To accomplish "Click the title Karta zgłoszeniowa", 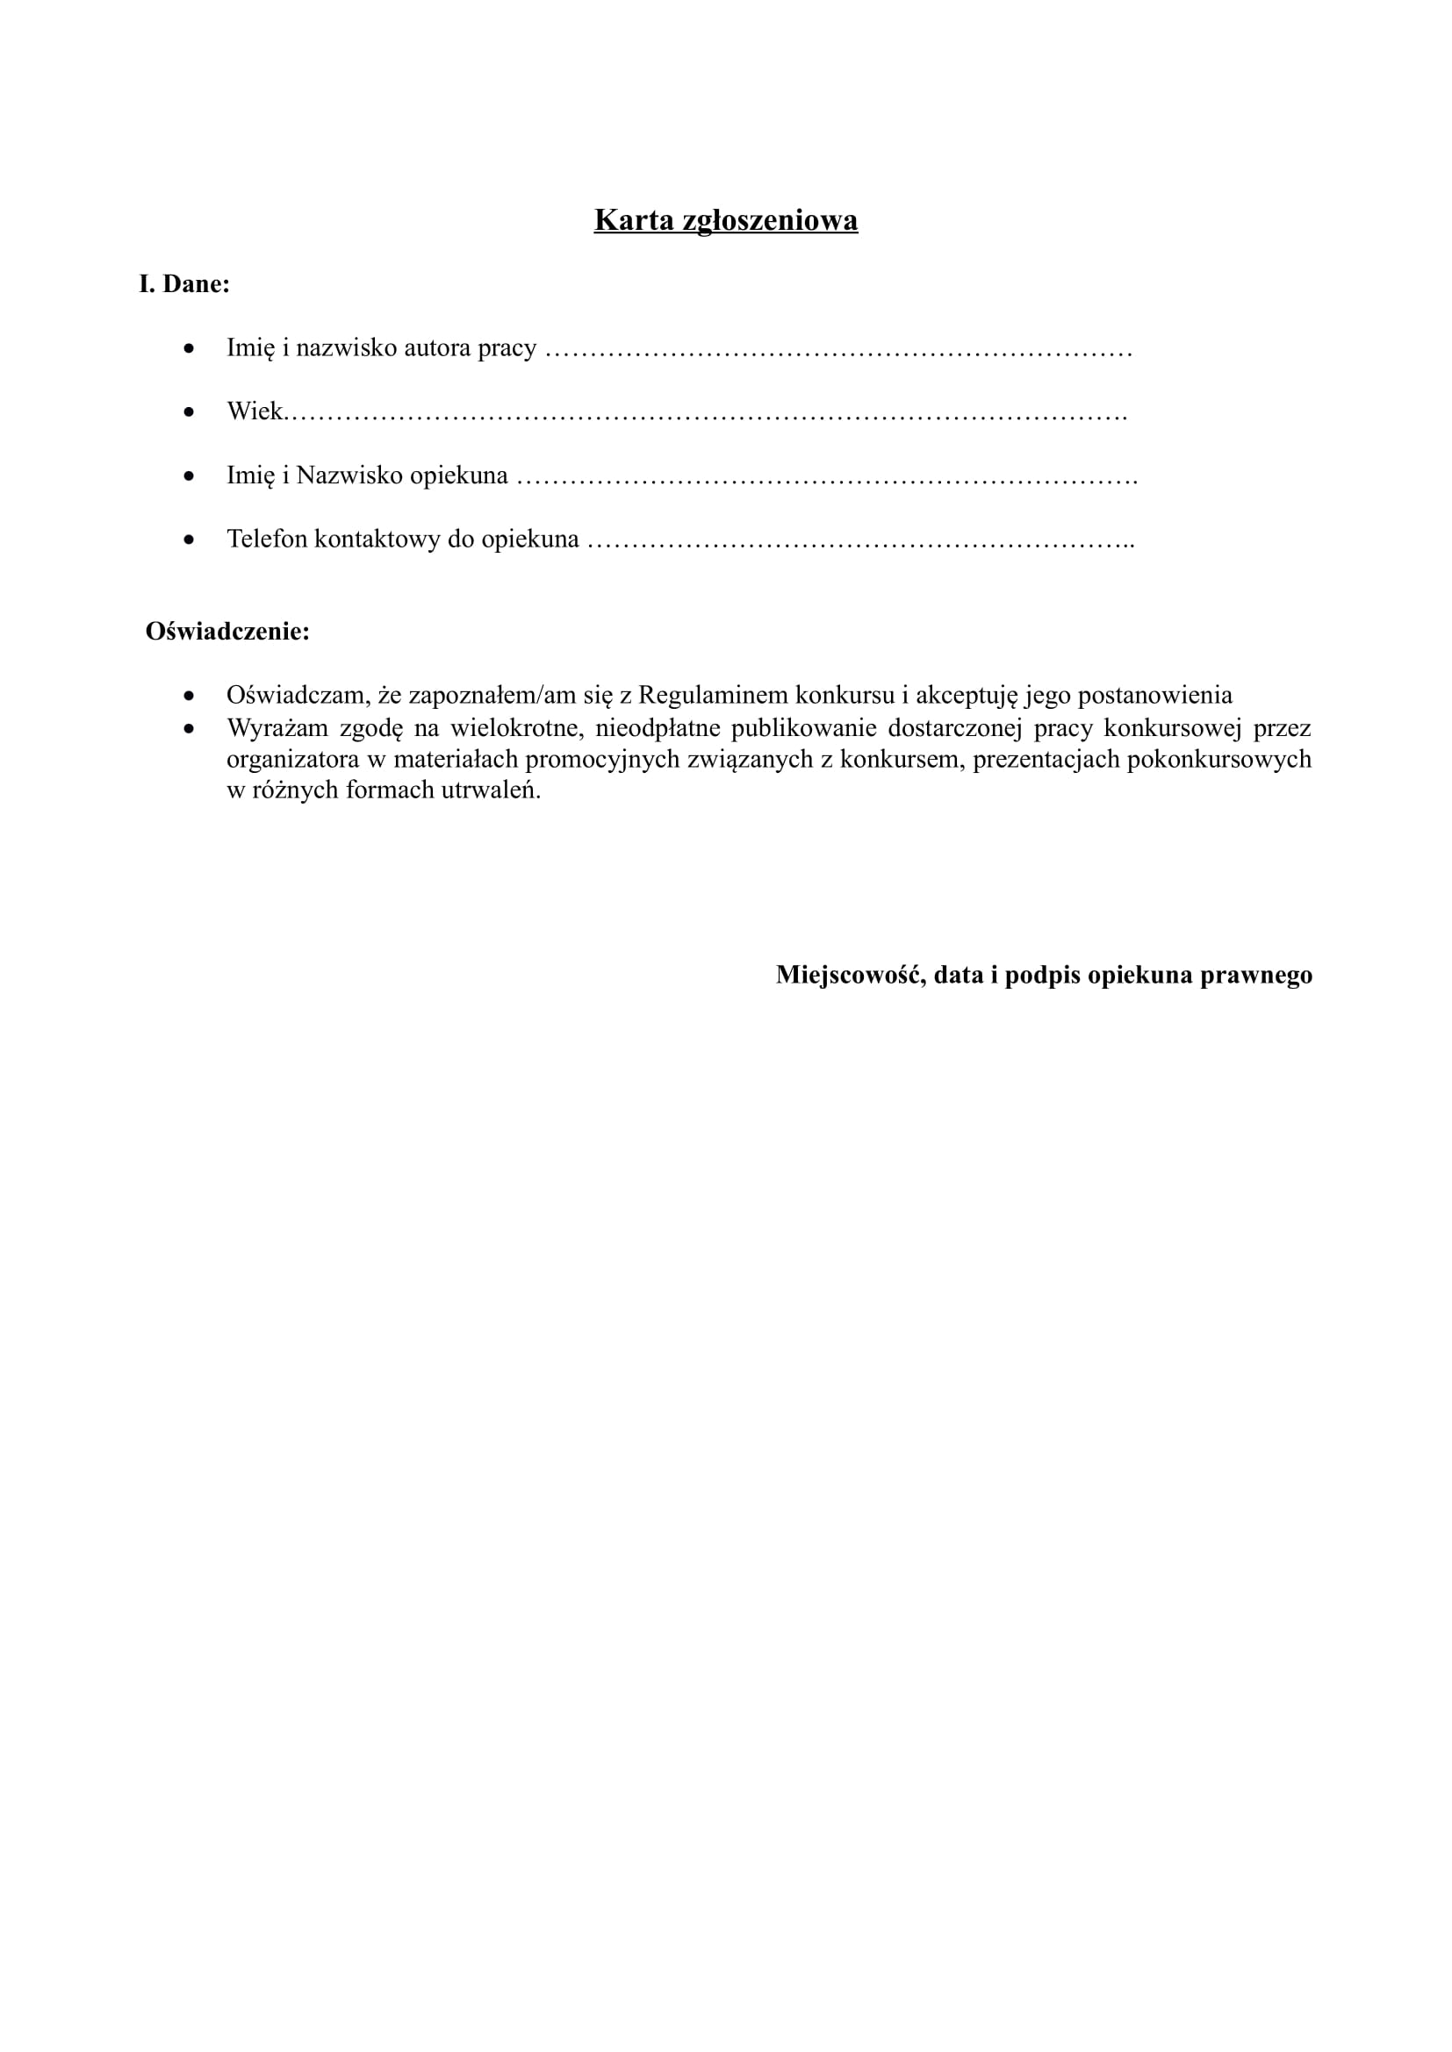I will tap(725, 220).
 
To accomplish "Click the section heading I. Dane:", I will tap(184, 284).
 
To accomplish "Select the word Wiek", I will tap(254, 411).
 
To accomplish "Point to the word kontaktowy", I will tap(377, 539).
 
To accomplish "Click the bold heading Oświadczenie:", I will tap(227, 631).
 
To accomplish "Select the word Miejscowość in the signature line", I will tap(850, 974).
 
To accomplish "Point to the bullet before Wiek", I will tap(189, 412).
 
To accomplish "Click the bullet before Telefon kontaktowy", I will tap(189, 540).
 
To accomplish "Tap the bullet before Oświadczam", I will tap(189, 696).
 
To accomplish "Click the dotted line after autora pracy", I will tap(838, 350).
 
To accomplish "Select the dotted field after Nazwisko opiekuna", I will tap(826, 478).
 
